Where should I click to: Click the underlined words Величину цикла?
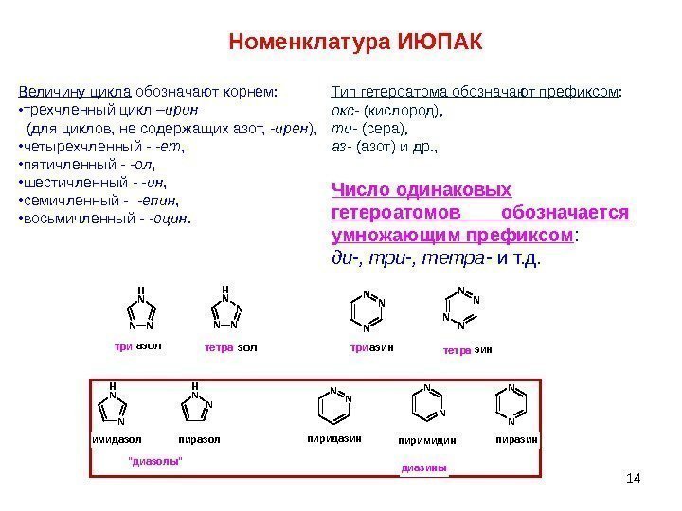(76, 93)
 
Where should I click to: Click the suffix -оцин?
(169, 220)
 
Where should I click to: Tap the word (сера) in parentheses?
(385, 129)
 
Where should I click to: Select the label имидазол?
(116, 440)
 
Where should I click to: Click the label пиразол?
(199, 440)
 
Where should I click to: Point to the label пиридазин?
(335, 439)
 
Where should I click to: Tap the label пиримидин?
(428, 441)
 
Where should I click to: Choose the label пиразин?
(517, 439)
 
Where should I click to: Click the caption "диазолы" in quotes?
(154, 460)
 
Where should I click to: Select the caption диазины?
(423, 467)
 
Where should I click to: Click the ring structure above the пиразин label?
(511, 405)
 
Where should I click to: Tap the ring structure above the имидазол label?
(114, 407)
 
